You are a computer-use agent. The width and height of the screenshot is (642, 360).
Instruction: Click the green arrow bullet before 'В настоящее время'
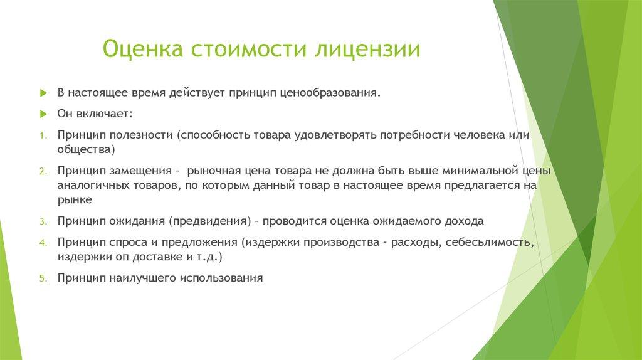point(43,93)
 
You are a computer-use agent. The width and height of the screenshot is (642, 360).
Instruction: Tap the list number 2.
point(43,171)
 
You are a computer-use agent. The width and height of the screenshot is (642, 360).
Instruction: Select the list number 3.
point(43,221)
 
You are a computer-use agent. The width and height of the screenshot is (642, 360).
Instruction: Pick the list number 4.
point(43,242)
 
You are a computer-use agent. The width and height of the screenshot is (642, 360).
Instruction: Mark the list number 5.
point(43,278)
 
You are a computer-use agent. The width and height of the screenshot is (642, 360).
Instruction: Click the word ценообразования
point(331,93)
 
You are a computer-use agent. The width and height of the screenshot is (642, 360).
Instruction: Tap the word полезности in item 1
point(142,135)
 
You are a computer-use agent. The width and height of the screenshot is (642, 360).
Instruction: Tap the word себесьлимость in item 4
point(490,242)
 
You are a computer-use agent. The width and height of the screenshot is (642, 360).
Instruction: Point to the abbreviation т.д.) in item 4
point(209,257)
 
